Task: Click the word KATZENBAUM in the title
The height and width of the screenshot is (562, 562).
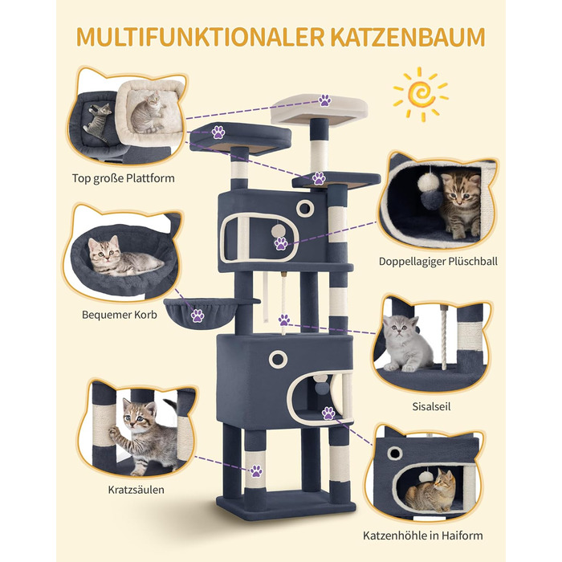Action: [408, 37]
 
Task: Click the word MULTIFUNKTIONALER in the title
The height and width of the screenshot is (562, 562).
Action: [201, 37]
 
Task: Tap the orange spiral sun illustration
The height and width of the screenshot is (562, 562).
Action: [421, 95]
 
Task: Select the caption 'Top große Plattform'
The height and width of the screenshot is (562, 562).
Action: [124, 178]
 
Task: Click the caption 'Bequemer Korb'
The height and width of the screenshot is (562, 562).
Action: [120, 315]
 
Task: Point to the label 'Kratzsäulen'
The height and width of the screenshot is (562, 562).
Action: [136, 490]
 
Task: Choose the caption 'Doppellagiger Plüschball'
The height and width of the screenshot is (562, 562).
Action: [438, 261]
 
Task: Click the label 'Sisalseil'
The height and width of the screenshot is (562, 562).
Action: [431, 406]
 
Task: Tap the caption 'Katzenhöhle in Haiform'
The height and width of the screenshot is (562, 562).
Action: [423, 536]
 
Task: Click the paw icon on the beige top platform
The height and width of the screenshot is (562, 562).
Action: [324, 100]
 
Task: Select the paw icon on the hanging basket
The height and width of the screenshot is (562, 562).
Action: [198, 316]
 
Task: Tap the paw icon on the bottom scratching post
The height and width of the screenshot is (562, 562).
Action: [256, 471]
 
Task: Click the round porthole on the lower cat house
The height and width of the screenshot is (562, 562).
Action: [278, 359]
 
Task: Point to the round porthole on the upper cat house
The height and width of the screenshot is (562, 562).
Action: [305, 208]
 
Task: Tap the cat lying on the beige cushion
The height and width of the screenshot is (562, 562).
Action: [147, 112]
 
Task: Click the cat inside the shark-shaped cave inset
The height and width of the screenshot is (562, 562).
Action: [430, 491]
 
